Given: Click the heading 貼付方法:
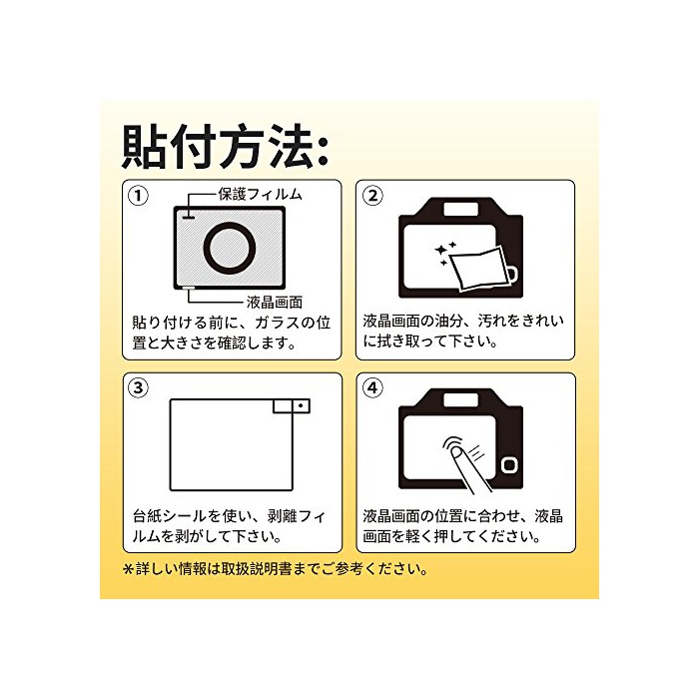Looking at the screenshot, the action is [225, 146].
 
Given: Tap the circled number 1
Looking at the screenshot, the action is [138, 196].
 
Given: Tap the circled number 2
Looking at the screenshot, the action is [372, 196].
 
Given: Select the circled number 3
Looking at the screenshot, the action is [138, 387].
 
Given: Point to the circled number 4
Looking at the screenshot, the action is [372, 387].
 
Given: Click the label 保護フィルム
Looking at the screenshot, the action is [260, 195].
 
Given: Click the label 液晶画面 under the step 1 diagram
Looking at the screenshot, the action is [275, 303].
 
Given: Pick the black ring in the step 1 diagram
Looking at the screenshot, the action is [230, 250].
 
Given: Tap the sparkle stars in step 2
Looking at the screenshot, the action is [445, 253].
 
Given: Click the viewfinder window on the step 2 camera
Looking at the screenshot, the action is [461, 209].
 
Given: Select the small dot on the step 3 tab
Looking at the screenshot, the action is [301, 405].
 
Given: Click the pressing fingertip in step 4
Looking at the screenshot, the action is [456, 453].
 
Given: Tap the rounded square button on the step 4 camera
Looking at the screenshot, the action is [509, 465].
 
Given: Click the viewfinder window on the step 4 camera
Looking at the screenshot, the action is [461, 399].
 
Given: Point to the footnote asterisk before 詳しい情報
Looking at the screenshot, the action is [129, 569].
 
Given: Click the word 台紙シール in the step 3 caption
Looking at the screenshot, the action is [170, 516].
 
